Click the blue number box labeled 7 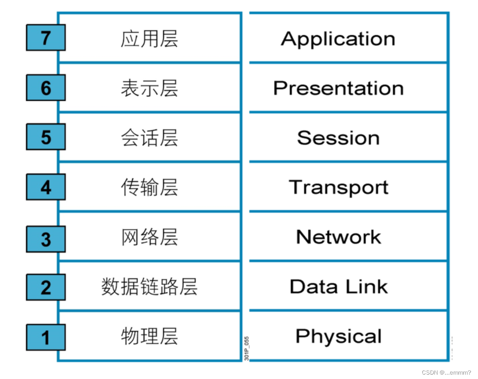click(46, 38)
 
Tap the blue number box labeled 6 click(46, 88)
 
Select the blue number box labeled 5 click(46, 137)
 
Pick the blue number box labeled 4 click(46, 188)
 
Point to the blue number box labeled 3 click(46, 239)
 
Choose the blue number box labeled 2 click(46, 287)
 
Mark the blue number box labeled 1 click(46, 338)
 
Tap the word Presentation click(338, 88)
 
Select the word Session click(338, 138)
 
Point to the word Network click(338, 237)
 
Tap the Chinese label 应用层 click(149, 39)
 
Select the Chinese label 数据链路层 click(149, 287)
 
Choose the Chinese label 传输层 click(149, 188)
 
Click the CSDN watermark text click(446, 372)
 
